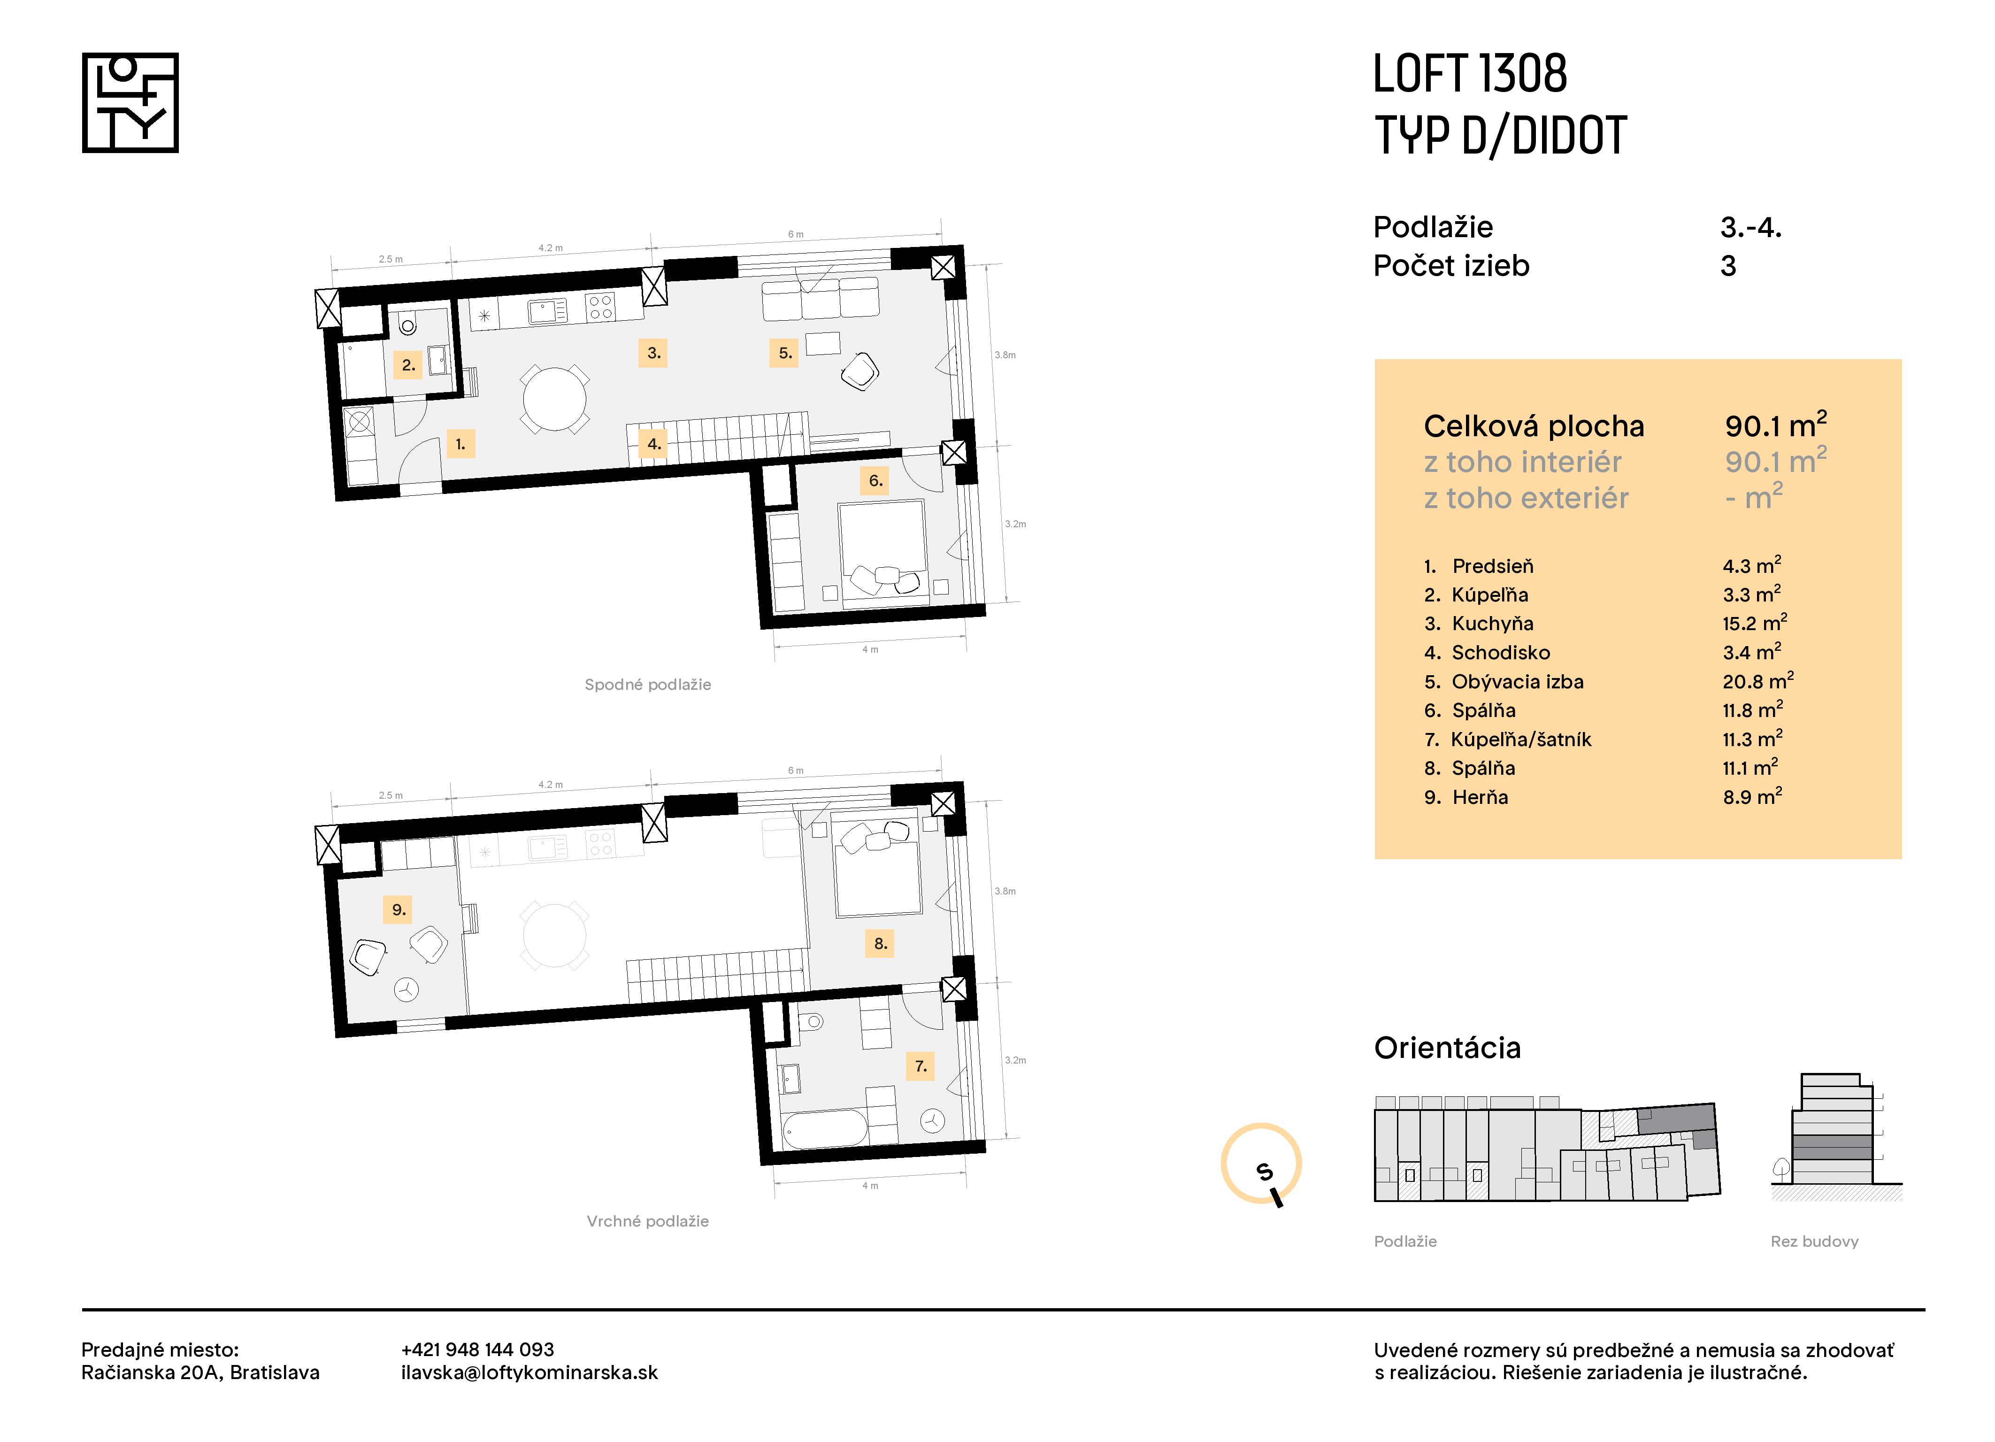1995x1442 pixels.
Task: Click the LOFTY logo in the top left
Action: pyautogui.click(x=130, y=103)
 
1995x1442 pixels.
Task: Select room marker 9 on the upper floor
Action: pyautogui.click(x=399, y=910)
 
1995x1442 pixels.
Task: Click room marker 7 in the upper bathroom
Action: pyautogui.click(x=920, y=1066)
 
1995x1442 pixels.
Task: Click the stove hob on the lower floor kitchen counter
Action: pyautogui.click(x=601, y=307)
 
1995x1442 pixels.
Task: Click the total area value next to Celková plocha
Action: pyautogui.click(x=1775, y=426)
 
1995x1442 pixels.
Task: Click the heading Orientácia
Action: pyautogui.click(x=1447, y=1048)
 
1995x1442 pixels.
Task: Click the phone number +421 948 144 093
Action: pyautogui.click(x=478, y=1349)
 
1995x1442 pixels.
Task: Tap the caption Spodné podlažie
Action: pyautogui.click(x=647, y=685)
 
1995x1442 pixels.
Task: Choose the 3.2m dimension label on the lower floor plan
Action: pyautogui.click(x=1015, y=524)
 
